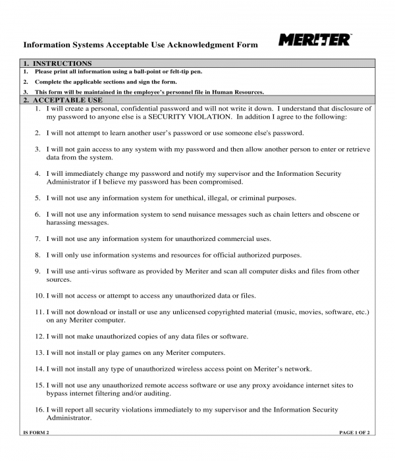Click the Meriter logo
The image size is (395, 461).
tap(315, 40)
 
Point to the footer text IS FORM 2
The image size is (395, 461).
tap(36, 432)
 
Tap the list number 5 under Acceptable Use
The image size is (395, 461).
tap(38, 198)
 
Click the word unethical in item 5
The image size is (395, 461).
tap(191, 198)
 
